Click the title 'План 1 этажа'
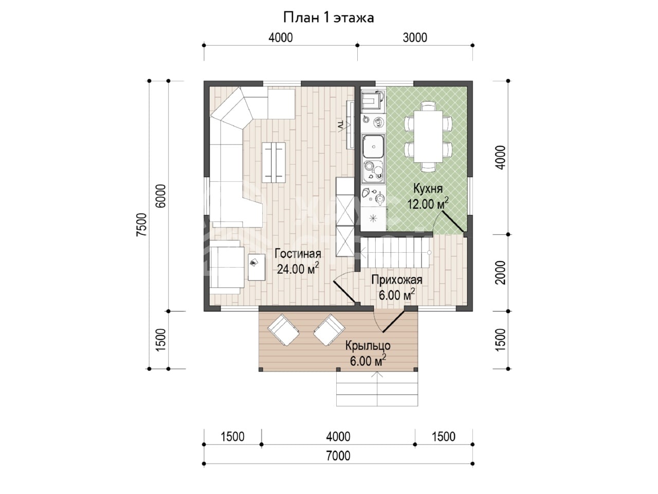click(x=328, y=18)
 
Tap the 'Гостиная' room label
click(x=298, y=254)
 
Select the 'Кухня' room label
click(x=428, y=189)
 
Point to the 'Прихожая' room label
click(x=396, y=280)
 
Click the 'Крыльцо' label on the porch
click(x=368, y=346)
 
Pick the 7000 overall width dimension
click(x=338, y=456)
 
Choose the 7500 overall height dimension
click(x=141, y=224)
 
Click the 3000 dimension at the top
click(x=414, y=38)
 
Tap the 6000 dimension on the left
click(x=161, y=196)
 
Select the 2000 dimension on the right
click(x=500, y=272)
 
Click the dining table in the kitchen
click(x=428, y=136)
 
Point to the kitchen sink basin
click(x=373, y=146)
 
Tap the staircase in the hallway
click(x=396, y=253)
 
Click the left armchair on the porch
click(x=283, y=329)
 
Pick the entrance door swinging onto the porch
click(x=394, y=322)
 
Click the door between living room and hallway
click(x=344, y=292)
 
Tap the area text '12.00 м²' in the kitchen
click(x=428, y=204)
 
